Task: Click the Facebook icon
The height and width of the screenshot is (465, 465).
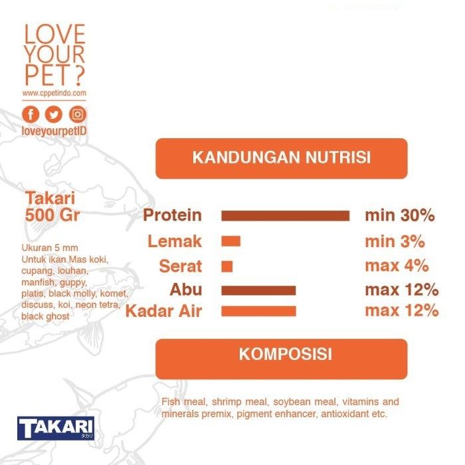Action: tap(31, 114)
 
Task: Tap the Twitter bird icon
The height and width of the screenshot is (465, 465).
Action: tap(54, 114)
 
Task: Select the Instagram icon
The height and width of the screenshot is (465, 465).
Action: tap(78, 114)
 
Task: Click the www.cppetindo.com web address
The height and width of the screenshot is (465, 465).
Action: tap(54, 93)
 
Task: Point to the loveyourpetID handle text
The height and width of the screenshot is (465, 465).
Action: tap(54, 131)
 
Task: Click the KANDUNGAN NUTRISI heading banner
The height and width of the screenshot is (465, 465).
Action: tap(282, 158)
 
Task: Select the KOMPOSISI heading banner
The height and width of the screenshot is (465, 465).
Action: tap(282, 359)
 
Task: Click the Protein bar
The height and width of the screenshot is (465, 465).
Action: tap(285, 216)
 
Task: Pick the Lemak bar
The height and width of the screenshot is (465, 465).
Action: tap(231, 241)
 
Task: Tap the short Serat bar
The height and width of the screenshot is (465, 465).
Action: tap(227, 266)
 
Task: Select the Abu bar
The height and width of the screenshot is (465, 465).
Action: tap(258, 290)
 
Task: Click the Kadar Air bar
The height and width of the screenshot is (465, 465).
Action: tap(258, 311)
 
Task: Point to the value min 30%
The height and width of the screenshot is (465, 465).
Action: tap(400, 215)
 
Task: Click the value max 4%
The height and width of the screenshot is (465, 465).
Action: tap(397, 266)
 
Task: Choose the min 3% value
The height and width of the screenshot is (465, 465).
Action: tap(395, 241)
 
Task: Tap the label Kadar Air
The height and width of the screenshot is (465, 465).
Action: tap(163, 311)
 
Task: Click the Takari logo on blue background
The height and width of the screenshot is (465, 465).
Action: tap(56, 428)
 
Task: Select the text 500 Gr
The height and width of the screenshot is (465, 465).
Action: tap(52, 215)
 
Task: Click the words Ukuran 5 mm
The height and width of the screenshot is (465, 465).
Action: tap(50, 248)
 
